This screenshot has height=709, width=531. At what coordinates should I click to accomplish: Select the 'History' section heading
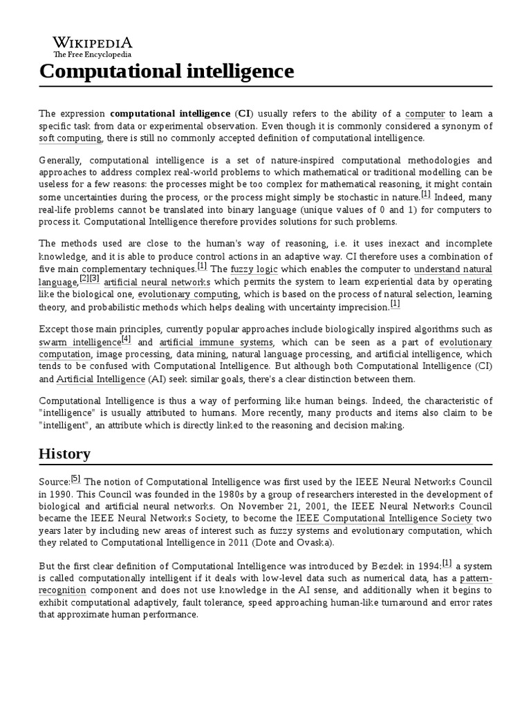(x=64, y=454)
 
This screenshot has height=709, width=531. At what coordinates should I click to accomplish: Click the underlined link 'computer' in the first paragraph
(x=425, y=113)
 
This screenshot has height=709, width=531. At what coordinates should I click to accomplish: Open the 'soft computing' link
(x=71, y=138)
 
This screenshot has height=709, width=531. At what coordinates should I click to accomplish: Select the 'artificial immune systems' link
(x=216, y=342)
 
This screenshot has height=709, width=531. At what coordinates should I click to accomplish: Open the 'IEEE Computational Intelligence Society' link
(x=375, y=518)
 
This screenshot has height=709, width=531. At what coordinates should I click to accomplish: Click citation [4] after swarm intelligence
(x=126, y=339)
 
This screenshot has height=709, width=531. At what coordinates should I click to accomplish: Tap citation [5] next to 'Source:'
(x=76, y=478)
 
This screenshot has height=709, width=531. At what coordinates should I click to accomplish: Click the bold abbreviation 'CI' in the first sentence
(x=243, y=113)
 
